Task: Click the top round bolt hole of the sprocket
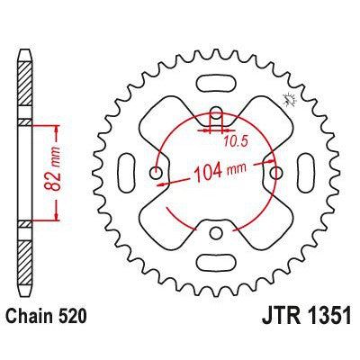pyautogui.click(x=216, y=113)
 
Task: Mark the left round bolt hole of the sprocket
pyautogui.click(x=156, y=174)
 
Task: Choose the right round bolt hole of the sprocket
pyautogui.click(x=277, y=174)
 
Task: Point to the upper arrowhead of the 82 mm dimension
pyautogui.click(x=58, y=124)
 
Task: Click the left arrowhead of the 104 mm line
pyautogui.click(x=160, y=181)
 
